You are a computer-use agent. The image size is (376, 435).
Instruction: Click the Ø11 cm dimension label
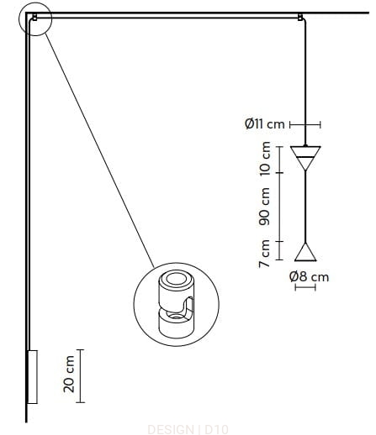[264, 123]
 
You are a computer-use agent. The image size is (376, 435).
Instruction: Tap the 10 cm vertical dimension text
[265, 159]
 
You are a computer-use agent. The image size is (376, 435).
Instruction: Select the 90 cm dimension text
[264, 207]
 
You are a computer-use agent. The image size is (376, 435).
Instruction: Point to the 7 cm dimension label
[264, 254]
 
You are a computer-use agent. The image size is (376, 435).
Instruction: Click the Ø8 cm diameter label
[309, 276]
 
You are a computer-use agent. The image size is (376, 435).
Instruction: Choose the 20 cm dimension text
[69, 374]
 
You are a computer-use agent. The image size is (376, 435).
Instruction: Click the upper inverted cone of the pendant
[305, 158]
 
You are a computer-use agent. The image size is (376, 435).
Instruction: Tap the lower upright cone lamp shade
[305, 252]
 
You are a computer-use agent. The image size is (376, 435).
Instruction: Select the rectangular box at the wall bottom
[32, 377]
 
